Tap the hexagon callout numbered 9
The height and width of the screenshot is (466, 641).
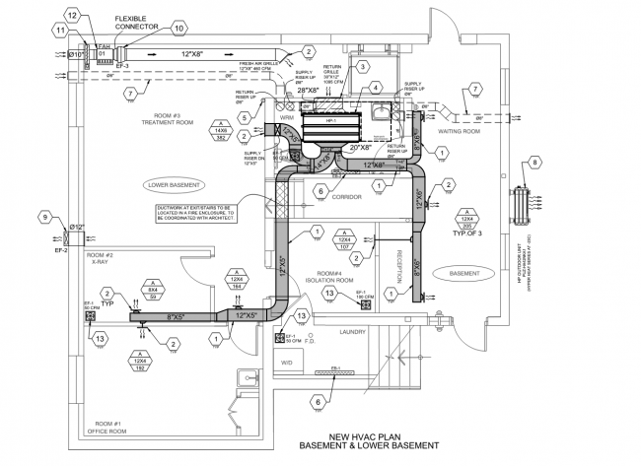(x=43, y=216)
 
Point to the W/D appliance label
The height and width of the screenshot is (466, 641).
(x=288, y=362)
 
